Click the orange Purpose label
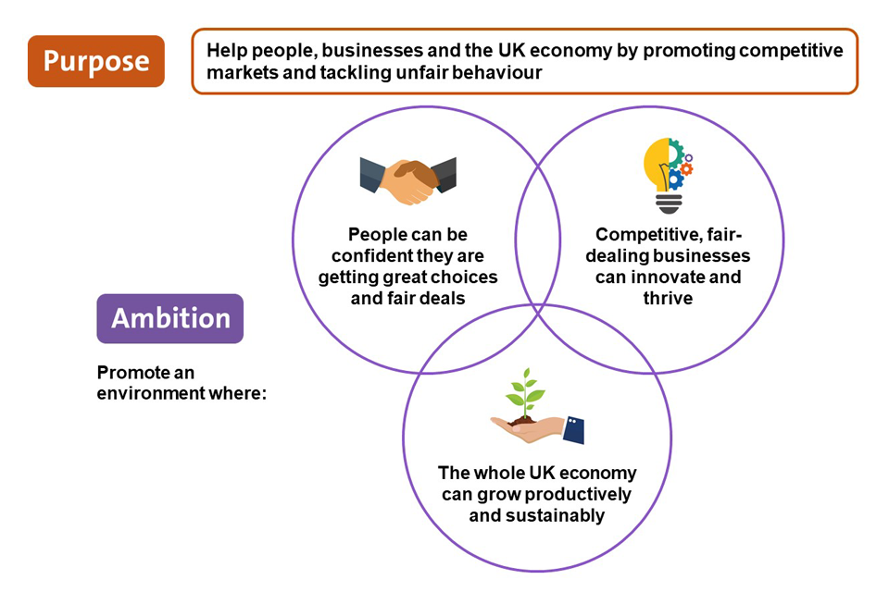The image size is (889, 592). pyautogui.click(x=95, y=61)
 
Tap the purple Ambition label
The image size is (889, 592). pyautogui.click(x=170, y=318)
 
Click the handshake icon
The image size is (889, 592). pyautogui.click(x=407, y=178)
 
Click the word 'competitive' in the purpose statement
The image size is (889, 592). pyautogui.click(x=797, y=50)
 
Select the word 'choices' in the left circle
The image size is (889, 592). pyautogui.click(x=463, y=277)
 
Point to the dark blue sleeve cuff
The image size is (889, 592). pyautogui.click(x=574, y=429)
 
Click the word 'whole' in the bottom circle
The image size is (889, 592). pyautogui.click(x=499, y=474)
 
